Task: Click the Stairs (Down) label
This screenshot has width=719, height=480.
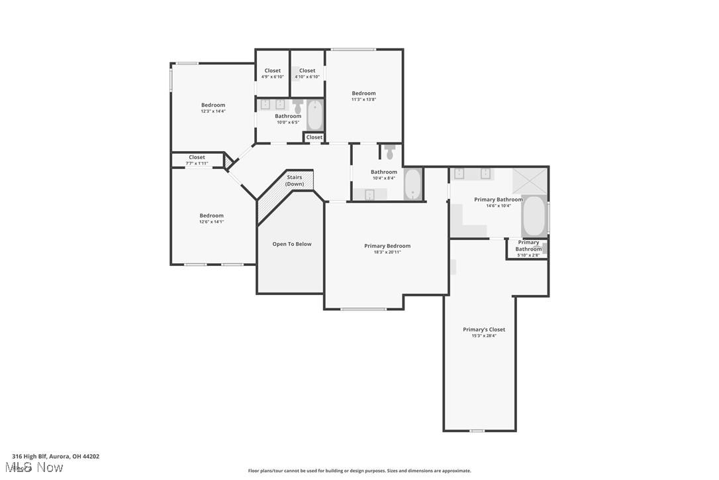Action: coord(295,180)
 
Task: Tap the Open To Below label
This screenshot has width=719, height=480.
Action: coord(292,244)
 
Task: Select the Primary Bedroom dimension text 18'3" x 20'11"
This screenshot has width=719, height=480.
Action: coord(387,252)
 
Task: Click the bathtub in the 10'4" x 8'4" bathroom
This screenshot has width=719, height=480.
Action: coord(412,184)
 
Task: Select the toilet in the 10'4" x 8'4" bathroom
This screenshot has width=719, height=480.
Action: coord(389,152)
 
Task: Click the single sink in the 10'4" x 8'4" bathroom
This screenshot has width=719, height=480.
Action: coord(369,194)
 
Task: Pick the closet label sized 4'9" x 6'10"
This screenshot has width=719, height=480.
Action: coord(272,71)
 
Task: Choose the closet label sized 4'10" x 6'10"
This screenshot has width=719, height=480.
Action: coord(307,71)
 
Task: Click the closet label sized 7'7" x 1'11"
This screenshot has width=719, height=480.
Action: coord(197,158)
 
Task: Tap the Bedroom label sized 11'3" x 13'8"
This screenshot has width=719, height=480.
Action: coord(363,93)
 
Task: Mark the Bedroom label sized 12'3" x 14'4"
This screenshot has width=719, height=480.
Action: coord(213,105)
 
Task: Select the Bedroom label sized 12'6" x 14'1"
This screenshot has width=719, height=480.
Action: coord(212,215)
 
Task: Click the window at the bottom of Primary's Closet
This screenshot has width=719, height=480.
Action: coord(477,431)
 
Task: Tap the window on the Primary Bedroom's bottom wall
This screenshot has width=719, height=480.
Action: coord(363,309)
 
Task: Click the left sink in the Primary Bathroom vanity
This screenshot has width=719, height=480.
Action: coord(459,174)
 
